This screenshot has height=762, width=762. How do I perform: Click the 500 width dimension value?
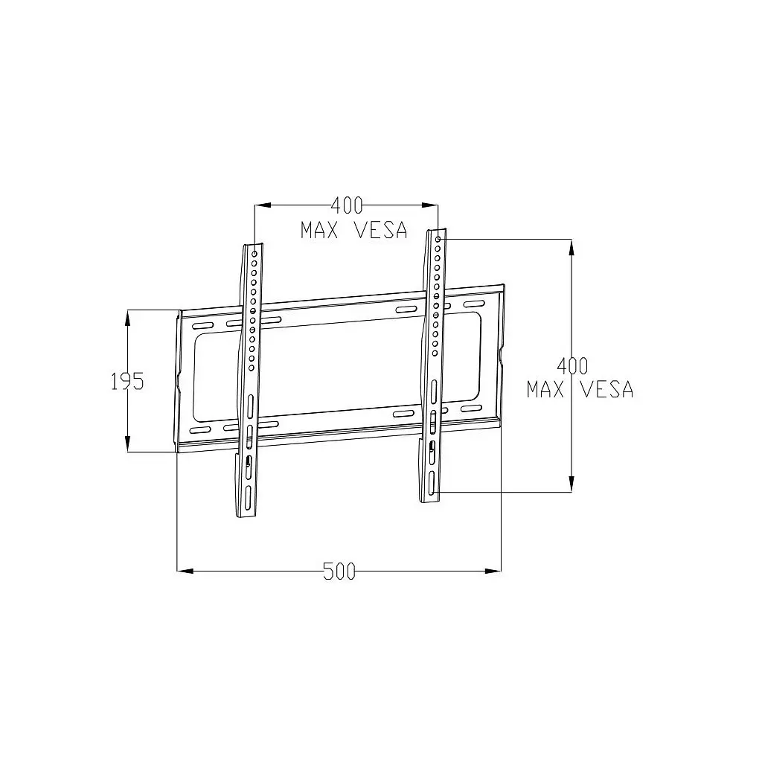[x=339, y=571]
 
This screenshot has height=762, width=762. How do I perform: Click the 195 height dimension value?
[x=128, y=382]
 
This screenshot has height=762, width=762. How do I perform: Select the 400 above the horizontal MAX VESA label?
[x=347, y=205]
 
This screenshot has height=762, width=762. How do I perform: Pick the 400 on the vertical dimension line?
[x=572, y=365]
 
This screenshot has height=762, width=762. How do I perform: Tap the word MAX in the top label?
[x=319, y=230]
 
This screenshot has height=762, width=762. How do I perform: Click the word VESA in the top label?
[x=382, y=230]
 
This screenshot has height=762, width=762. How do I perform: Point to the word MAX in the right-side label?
[x=545, y=389]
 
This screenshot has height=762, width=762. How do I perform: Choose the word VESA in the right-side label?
[x=607, y=389]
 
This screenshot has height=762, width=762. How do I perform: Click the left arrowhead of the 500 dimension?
[x=185, y=571]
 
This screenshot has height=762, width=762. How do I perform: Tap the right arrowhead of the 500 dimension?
[x=493, y=571]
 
